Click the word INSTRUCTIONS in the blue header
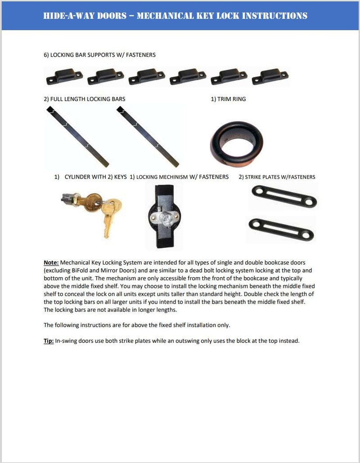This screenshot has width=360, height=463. click(x=275, y=16)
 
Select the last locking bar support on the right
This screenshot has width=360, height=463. click(x=270, y=76)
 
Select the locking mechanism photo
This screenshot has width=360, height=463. click(x=164, y=216)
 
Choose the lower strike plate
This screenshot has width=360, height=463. click(x=281, y=229)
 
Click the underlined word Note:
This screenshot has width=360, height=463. click(x=51, y=262)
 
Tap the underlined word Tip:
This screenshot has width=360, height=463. click(x=48, y=341)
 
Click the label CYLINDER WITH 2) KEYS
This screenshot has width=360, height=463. click(x=95, y=177)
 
